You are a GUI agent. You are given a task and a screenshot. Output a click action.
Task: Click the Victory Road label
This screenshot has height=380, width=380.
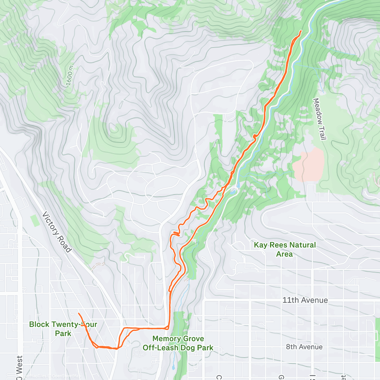pyautogui.click(x=57, y=232)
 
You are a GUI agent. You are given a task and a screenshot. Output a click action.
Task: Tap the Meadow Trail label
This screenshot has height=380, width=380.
pyautogui.click(x=319, y=119)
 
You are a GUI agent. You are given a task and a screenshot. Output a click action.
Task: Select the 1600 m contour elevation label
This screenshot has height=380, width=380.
pyautogui.click(x=69, y=76)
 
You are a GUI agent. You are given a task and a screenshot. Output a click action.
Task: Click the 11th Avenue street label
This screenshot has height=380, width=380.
pyautogui.click(x=305, y=300)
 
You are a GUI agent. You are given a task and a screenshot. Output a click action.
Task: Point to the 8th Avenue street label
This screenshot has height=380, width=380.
pyautogui.click(x=304, y=347)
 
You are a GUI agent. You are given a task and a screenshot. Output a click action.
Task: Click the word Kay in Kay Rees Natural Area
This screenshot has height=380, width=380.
pyautogui.click(x=261, y=245)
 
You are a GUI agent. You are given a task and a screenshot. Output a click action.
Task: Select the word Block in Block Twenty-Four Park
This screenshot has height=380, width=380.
pyautogui.click(x=39, y=324)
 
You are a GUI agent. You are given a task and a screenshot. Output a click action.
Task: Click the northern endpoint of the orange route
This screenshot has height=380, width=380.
pyautogui.click(x=301, y=31)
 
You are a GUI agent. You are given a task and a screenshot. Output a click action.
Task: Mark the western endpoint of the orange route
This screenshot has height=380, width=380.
pyautogui.click(x=79, y=313)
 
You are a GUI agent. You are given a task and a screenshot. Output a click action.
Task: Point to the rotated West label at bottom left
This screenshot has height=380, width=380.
pyautogui.click(x=19, y=367)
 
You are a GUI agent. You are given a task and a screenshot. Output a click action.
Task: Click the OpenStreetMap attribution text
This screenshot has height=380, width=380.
pyautogui.click(x=66, y=376)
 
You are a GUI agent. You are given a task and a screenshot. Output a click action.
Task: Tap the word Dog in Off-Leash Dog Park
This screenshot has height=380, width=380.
pyautogui.click(x=187, y=348)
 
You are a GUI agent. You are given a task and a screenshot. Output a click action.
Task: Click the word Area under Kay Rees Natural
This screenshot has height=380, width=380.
pyautogui.click(x=284, y=254)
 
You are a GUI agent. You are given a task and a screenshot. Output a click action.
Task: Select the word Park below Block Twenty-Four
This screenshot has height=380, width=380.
pyautogui.click(x=63, y=333)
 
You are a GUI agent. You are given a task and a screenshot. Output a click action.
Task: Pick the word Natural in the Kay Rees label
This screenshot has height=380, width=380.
pyautogui.click(x=302, y=245)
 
